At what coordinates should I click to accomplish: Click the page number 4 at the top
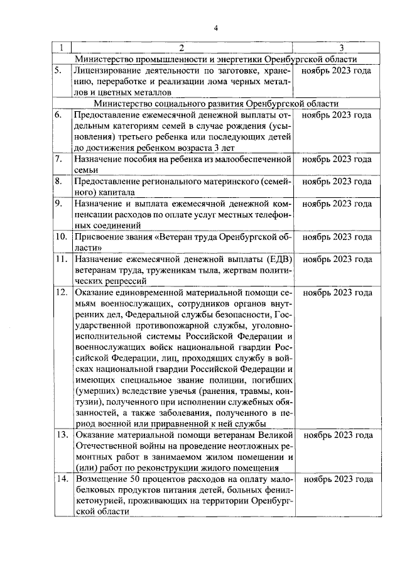215,28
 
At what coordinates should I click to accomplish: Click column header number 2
182,48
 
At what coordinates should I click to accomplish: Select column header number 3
340,48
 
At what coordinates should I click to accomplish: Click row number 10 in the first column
61,237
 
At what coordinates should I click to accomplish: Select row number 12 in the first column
61,292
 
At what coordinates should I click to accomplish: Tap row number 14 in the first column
61,479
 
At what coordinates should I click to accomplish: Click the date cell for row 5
337,70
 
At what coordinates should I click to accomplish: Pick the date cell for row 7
337,160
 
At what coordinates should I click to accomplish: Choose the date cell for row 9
337,204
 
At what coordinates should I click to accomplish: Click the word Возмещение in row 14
100,479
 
